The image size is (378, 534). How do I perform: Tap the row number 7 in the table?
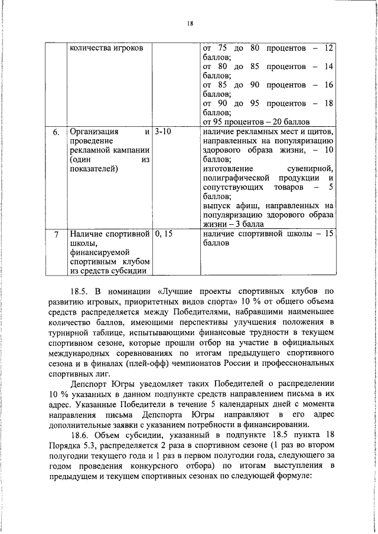(x=56, y=234)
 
